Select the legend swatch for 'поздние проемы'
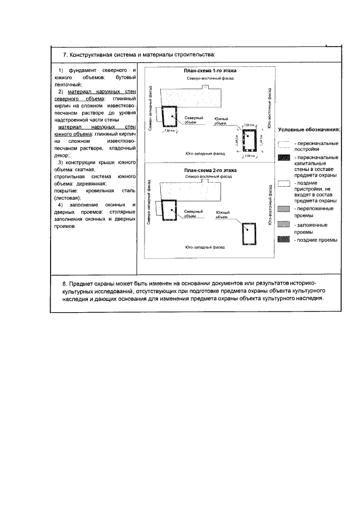[x=283, y=240]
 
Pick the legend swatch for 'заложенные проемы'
[x=283, y=225]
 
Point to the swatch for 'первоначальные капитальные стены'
[x=283, y=159]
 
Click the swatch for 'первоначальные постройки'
[x=283, y=145]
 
